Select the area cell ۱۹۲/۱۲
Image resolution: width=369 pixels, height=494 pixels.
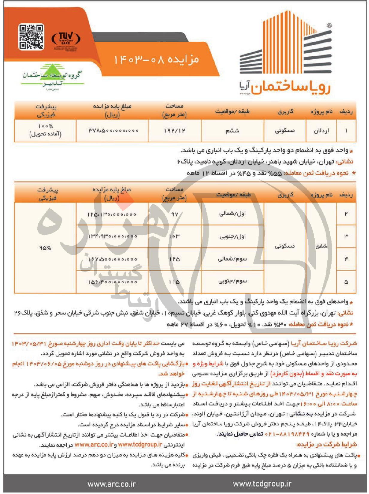174,131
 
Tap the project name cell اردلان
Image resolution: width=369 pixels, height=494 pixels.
321,131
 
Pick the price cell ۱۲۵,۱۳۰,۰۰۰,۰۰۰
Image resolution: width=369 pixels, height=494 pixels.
112,214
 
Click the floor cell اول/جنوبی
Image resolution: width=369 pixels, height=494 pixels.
233,237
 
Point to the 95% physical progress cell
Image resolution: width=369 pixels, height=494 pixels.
45,248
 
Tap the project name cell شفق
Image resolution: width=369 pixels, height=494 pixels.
321,246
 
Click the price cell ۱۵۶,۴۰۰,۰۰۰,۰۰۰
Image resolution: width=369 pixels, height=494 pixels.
112,282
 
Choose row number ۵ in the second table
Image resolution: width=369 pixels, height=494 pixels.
346,282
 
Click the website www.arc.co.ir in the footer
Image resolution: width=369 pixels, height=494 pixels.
111,484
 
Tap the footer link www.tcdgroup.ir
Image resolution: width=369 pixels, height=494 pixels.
262,484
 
